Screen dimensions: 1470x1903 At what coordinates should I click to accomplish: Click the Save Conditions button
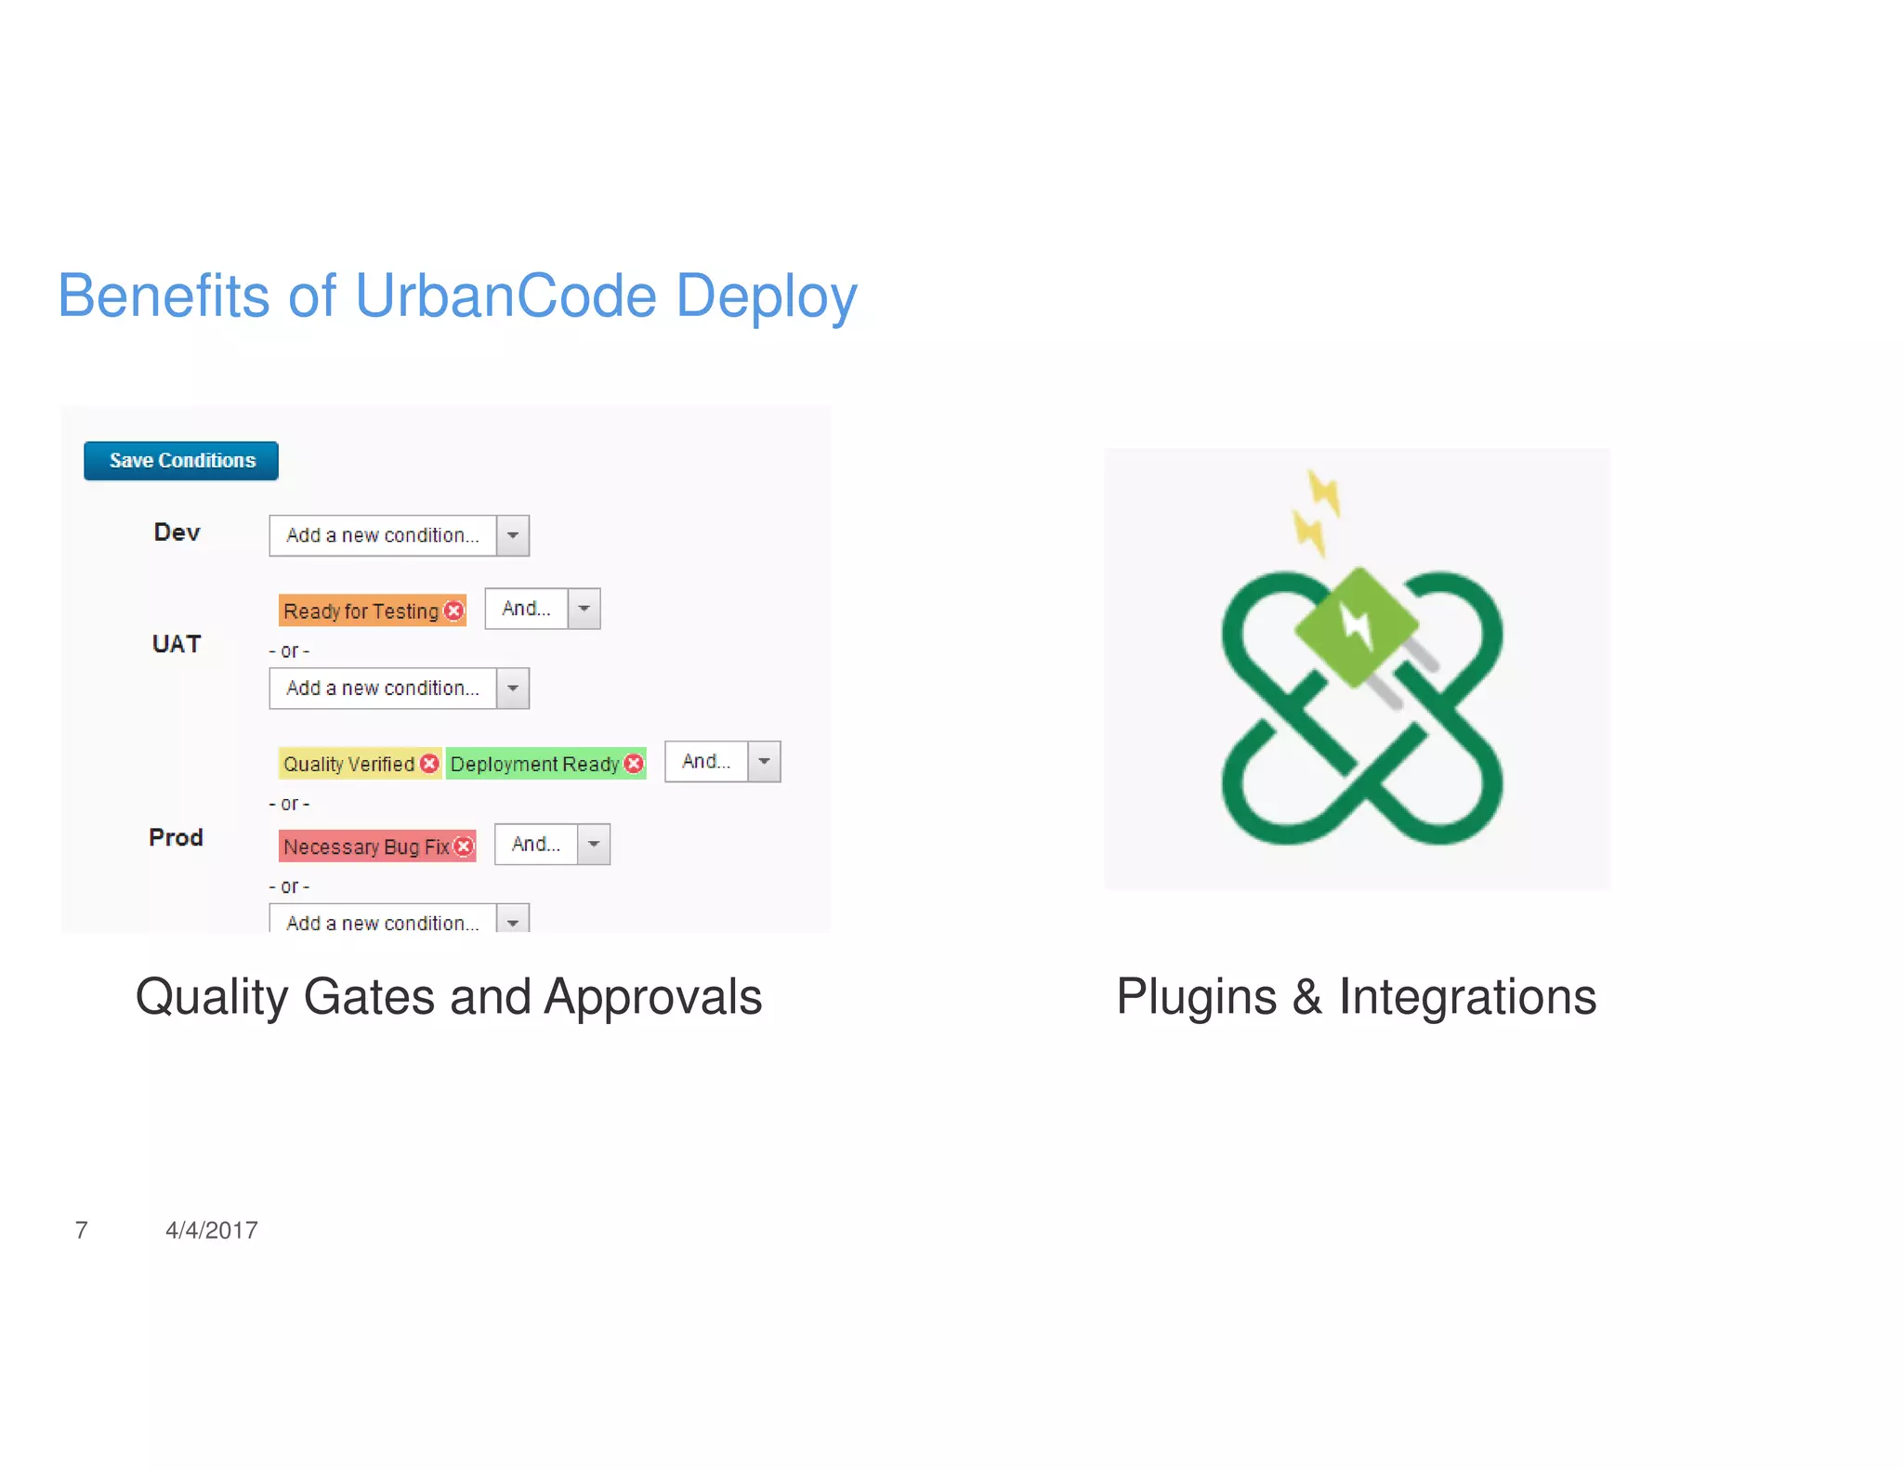181,461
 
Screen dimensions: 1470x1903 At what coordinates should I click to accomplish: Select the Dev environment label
177,532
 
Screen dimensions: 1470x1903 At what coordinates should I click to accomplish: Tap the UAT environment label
177,644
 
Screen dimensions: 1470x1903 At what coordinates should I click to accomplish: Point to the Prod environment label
176,837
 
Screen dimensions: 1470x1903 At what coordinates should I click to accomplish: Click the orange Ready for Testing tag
361,611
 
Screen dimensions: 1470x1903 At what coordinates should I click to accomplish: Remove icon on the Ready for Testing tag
454,610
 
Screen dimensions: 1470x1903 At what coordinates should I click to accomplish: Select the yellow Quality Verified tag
348,764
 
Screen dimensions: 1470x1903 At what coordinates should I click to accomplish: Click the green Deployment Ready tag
534,764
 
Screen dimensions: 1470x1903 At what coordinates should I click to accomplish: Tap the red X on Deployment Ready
634,764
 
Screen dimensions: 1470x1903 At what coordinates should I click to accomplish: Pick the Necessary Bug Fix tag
366,847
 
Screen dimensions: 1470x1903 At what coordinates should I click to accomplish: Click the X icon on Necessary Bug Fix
465,847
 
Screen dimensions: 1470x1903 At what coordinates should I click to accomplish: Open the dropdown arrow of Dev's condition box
513,536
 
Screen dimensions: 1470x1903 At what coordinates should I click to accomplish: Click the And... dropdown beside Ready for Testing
543,609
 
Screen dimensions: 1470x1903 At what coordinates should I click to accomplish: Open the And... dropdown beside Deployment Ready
722,762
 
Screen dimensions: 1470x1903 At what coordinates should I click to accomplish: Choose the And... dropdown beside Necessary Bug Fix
552,845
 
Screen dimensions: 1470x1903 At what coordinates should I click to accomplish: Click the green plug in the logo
1356,627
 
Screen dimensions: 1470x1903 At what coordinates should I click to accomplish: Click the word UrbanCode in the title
505,296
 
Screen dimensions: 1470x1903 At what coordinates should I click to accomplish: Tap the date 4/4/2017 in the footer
211,1230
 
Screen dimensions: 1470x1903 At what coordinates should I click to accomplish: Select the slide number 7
82,1230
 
